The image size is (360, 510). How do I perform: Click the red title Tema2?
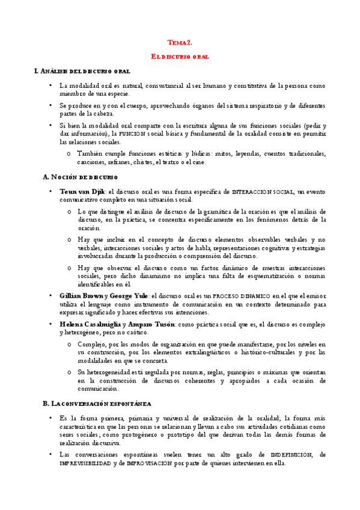[x=180, y=43]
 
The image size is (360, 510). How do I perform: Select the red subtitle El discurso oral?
[x=180, y=57]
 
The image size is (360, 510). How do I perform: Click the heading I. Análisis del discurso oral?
[x=82, y=72]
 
